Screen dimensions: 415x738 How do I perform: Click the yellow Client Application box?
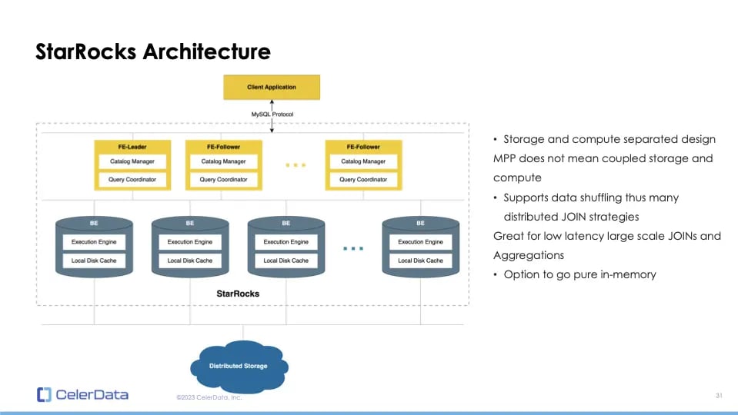[x=271, y=87]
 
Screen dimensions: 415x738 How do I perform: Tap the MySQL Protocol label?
[x=272, y=115]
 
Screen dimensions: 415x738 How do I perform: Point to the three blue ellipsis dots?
[x=353, y=248]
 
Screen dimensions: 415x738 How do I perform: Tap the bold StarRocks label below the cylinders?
[x=238, y=294]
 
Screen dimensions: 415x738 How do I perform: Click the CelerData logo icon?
[x=44, y=395]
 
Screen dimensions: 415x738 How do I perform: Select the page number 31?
[x=718, y=395]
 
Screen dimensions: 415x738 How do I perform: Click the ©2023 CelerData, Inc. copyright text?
[x=209, y=397]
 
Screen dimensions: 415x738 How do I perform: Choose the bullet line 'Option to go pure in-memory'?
[x=579, y=274]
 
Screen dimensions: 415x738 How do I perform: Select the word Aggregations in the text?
[x=528, y=255]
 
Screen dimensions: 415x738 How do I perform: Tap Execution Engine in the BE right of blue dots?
[x=420, y=241]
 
